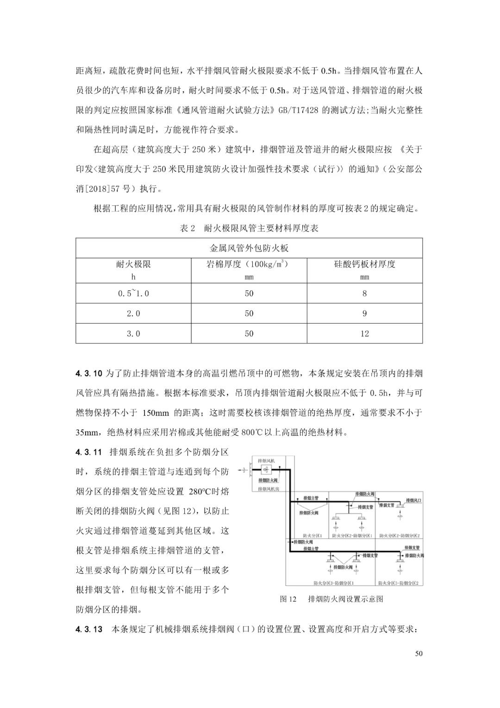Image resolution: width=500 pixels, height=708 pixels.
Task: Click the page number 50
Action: pos(419,654)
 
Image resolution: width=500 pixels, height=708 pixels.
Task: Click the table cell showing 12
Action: pos(364,333)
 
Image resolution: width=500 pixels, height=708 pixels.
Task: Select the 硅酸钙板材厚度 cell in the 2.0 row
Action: pos(364,313)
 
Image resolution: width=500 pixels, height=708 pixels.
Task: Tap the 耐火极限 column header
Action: pos(133,264)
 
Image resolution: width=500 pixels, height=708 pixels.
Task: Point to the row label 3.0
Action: pos(133,333)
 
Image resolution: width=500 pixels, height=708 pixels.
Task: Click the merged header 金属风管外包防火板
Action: pos(249,248)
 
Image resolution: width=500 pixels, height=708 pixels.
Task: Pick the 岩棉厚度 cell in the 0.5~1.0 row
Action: pos(249,293)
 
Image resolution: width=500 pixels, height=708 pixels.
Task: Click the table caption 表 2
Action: pos(187,229)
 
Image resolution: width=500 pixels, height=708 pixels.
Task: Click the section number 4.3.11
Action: pos(89,452)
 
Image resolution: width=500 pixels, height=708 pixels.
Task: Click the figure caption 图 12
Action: pos(288,599)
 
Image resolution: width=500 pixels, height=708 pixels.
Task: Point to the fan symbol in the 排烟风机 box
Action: pos(266,470)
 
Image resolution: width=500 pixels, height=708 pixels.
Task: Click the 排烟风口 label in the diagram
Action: pos(413,500)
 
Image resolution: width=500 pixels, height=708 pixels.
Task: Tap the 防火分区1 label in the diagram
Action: pos(312,536)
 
